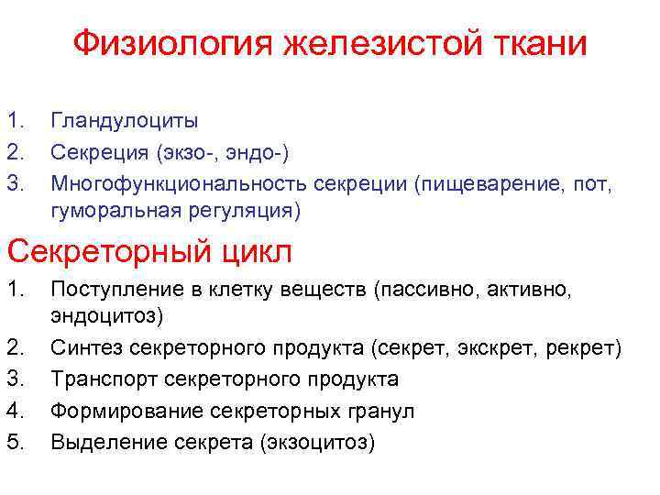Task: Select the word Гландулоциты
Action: (125, 120)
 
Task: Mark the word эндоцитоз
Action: (103, 316)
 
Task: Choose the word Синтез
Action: (86, 349)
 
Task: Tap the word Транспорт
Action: (98, 380)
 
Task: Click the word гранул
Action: (379, 412)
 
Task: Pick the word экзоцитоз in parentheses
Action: (317, 443)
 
